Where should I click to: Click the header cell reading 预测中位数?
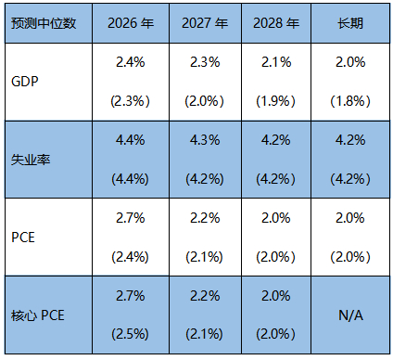43,21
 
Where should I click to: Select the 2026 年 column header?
131,21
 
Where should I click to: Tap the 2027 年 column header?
204,21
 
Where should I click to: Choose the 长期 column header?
351,21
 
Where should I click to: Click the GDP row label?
26,80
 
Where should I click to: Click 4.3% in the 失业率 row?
204,139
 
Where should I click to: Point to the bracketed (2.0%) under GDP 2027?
204,99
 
